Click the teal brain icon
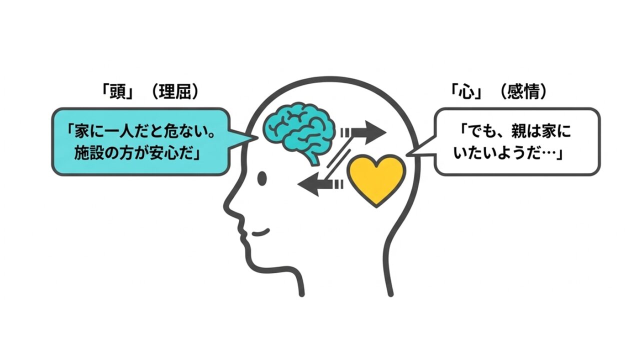pyautogui.click(x=295, y=127)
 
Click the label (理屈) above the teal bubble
pyautogui.click(x=175, y=92)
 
